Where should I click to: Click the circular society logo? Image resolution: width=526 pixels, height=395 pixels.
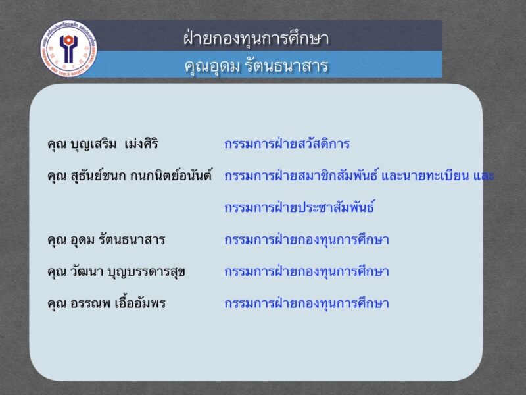[x=69, y=49]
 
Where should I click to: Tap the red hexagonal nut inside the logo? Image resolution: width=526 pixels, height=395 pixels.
[x=68, y=40]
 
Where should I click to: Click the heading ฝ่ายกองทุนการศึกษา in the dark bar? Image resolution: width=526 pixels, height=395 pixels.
[x=256, y=38]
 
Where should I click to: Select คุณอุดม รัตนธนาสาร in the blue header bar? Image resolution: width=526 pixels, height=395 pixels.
[x=256, y=65]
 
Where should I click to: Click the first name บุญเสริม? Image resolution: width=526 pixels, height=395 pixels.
[x=93, y=144]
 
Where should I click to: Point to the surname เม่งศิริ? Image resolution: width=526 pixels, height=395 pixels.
[x=141, y=144]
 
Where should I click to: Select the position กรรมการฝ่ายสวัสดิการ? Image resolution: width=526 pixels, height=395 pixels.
[x=287, y=144]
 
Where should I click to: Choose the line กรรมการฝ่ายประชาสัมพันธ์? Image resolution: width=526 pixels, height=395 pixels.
[x=299, y=207]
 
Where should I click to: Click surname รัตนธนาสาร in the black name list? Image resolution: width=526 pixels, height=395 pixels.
[x=132, y=240]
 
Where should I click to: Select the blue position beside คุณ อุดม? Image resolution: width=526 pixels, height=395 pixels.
[x=306, y=240]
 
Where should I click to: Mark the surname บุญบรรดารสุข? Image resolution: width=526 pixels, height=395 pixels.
[x=146, y=272]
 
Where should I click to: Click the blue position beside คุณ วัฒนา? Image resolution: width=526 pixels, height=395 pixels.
[x=306, y=271]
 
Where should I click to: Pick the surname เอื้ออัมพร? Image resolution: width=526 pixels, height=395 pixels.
[x=140, y=303]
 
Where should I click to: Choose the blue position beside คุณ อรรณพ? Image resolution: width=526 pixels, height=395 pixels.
[x=306, y=303]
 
